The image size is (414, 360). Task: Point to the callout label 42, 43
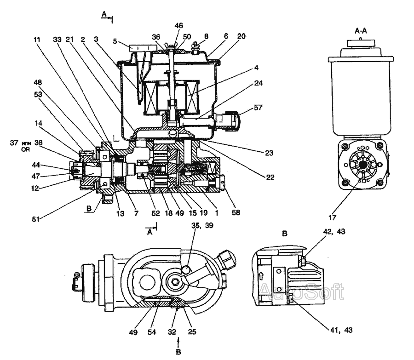pos(334,232)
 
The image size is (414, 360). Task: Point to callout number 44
pos(35,164)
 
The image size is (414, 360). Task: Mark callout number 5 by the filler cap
pos(115,40)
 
